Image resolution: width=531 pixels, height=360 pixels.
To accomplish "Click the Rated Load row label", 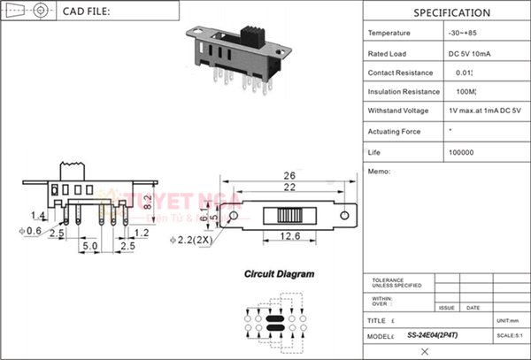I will (387, 53).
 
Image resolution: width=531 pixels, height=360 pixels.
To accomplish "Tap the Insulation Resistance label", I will (404, 92).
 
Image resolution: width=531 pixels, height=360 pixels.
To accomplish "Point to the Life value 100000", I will (461, 152).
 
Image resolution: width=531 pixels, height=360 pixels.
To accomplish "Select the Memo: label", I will (378, 172).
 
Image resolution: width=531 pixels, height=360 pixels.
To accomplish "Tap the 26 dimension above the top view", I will (289, 174).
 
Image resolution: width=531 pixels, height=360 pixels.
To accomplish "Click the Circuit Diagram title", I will (279, 275).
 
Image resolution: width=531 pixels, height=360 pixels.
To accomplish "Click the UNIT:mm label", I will (508, 319).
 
